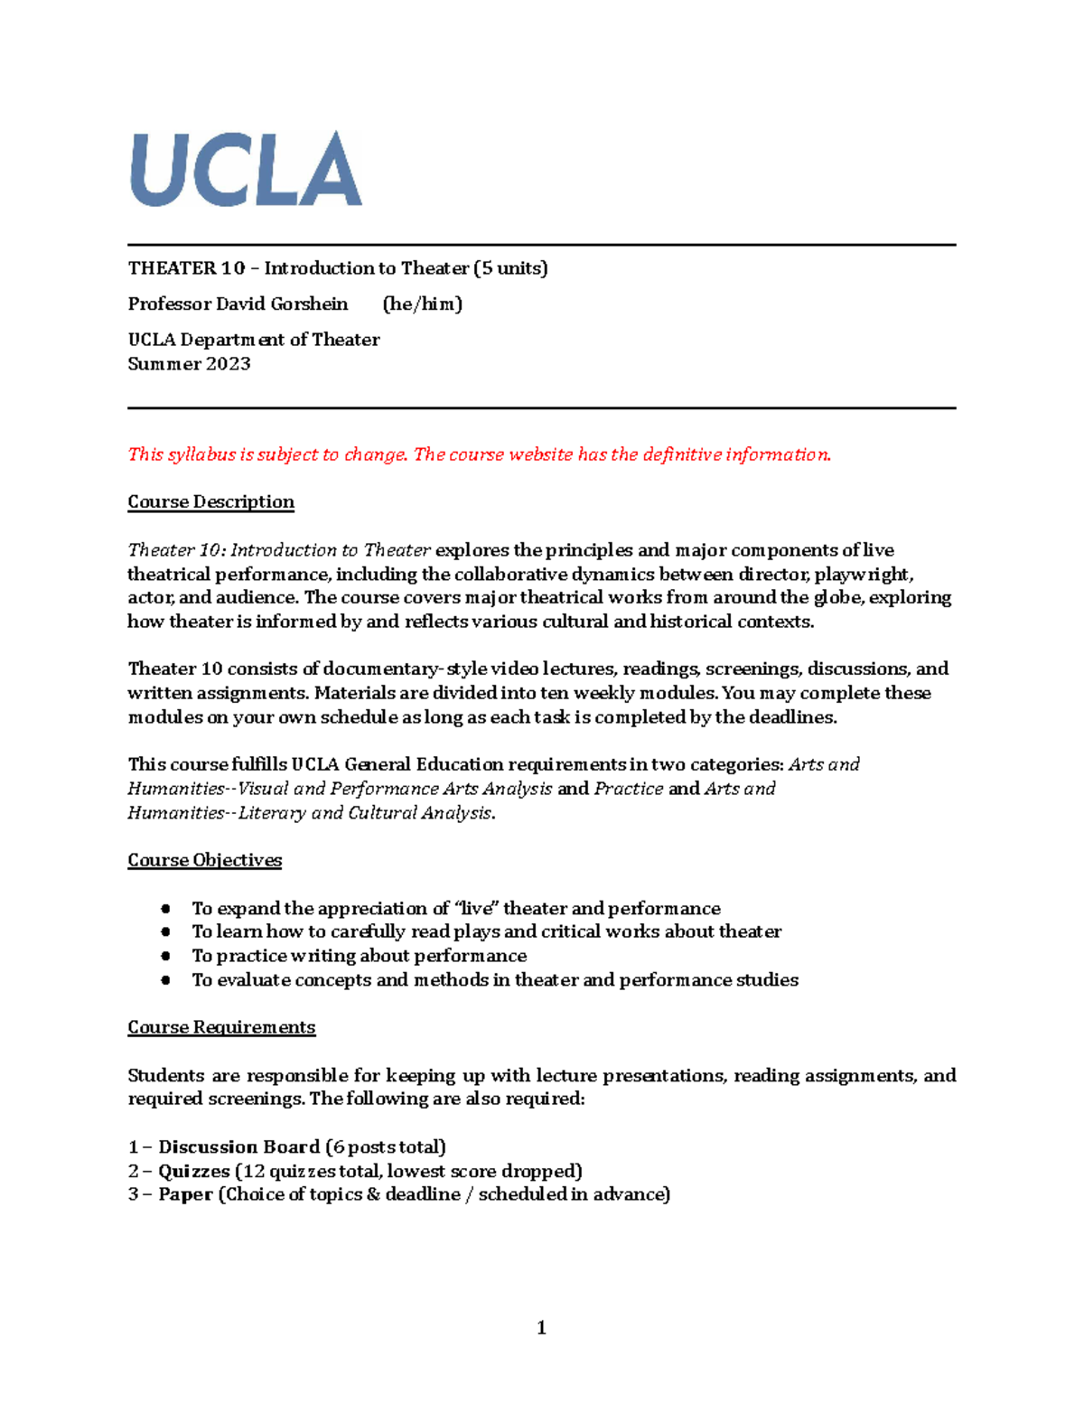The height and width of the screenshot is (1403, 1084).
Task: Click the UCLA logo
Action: (x=246, y=169)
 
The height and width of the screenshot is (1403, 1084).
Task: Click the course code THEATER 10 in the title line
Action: (x=186, y=268)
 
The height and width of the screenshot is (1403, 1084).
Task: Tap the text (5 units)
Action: (x=510, y=268)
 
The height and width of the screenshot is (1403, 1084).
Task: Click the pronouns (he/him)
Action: (x=422, y=304)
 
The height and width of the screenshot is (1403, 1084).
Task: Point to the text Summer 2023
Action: (x=189, y=364)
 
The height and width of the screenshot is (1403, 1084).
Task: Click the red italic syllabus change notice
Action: (x=479, y=454)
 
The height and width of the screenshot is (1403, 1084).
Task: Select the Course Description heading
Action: (x=210, y=502)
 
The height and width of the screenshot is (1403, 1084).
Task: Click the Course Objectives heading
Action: (x=204, y=860)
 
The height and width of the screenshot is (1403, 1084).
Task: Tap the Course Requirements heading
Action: (x=221, y=1027)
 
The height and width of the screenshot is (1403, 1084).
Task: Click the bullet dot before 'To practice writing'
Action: (x=165, y=956)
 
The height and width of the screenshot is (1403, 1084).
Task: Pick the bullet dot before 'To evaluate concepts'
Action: (x=165, y=980)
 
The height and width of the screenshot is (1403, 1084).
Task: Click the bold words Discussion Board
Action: (x=238, y=1147)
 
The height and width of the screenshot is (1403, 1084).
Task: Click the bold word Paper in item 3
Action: (x=185, y=1194)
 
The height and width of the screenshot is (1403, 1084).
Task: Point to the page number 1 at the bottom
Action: (x=541, y=1327)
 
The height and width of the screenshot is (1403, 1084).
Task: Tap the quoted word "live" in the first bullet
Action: (x=477, y=908)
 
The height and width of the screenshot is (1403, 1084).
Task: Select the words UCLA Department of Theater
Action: (x=253, y=340)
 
